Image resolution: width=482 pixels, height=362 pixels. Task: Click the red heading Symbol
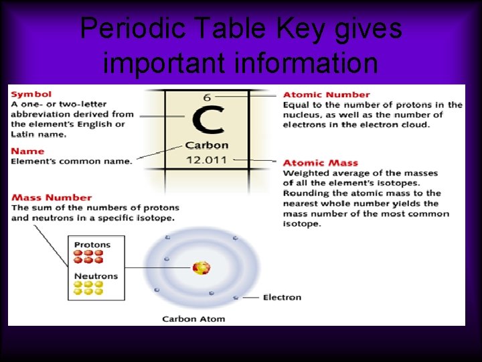tap(31, 95)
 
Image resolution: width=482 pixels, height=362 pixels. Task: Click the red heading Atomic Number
tap(326, 95)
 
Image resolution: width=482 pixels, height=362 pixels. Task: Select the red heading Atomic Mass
tap(320, 163)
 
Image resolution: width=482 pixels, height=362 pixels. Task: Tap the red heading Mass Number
tap(52, 198)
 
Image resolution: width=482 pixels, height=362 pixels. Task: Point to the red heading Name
tap(27, 152)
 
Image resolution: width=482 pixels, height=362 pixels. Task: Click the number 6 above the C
tap(208, 97)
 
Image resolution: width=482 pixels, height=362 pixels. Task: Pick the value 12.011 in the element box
tap(207, 160)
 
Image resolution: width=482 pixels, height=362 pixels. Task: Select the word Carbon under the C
tap(207, 145)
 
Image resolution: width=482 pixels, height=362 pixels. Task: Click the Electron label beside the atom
tap(282, 298)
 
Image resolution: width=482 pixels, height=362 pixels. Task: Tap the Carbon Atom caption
tap(193, 319)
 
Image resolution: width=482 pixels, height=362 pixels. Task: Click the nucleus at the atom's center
tap(201, 268)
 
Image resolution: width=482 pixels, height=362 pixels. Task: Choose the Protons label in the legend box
tap(92, 245)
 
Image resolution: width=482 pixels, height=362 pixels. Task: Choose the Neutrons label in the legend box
tap(96, 276)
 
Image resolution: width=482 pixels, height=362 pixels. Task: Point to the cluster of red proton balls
tap(88, 257)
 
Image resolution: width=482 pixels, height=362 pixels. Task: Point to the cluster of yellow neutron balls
tap(88, 288)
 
